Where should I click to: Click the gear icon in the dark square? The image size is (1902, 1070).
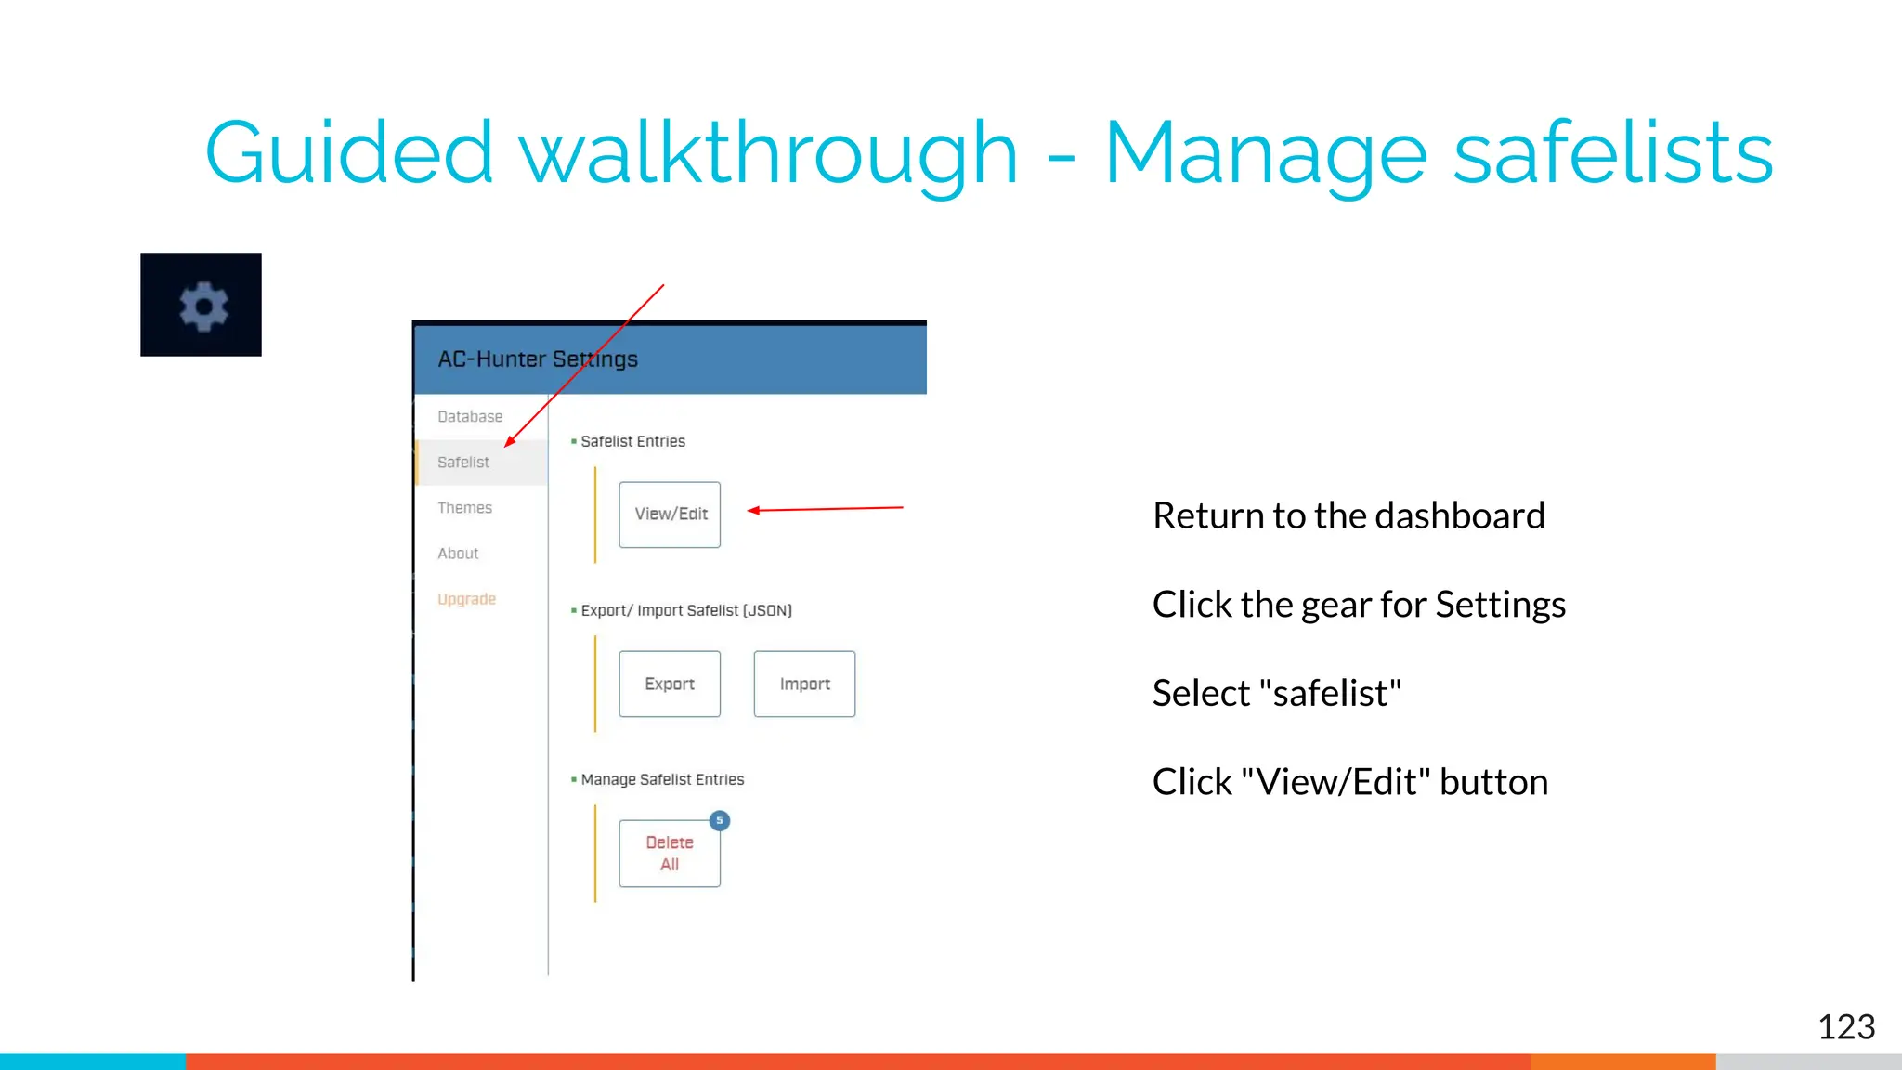point(203,306)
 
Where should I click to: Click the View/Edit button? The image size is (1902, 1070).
point(670,515)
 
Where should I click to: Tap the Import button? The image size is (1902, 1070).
point(804,685)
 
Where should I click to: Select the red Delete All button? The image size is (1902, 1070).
point(670,854)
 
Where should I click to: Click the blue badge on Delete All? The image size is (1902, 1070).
point(720,821)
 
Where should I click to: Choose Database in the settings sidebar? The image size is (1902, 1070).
point(470,417)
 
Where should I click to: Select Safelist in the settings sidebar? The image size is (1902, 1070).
point(463,463)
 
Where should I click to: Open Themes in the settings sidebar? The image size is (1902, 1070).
point(464,508)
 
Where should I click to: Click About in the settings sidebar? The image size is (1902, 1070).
point(458,554)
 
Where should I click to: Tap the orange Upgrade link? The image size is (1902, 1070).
point(466,599)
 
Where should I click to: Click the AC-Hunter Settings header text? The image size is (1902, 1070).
point(538,359)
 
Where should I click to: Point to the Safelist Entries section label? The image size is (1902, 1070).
point(632,441)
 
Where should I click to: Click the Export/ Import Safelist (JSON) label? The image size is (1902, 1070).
point(685,610)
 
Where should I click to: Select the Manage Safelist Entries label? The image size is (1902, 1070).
point(662,779)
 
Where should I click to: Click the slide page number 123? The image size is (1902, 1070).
point(1845,1027)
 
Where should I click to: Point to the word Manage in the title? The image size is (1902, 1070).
point(1265,154)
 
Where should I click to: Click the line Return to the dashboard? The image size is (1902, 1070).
point(1348,515)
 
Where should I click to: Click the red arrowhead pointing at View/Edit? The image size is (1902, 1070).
point(754,510)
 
